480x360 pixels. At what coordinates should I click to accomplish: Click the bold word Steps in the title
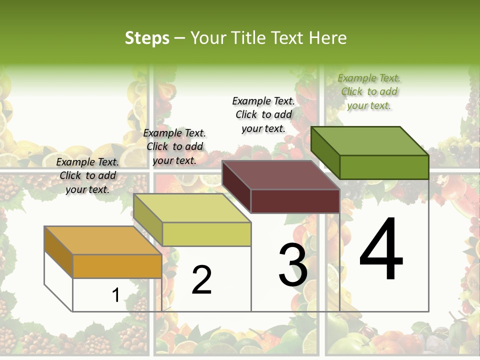(x=147, y=38)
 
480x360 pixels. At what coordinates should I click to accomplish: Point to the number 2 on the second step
(x=201, y=280)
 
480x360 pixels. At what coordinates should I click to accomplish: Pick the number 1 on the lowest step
(x=115, y=295)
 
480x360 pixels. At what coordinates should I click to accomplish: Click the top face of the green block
(x=369, y=141)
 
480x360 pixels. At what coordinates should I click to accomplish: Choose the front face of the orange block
(x=117, y=266)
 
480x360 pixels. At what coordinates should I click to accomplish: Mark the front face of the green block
(x=384, y=167)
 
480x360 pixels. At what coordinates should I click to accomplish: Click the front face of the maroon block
(x=295, y=201)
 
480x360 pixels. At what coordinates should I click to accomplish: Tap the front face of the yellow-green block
(x=206, y=234)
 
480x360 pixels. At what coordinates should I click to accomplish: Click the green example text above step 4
(x=369, y=91)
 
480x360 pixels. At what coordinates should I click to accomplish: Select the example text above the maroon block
(x=263, y=114)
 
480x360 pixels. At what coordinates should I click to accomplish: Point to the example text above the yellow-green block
(x=174, y=146)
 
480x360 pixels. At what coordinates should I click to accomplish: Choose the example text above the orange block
(x=87, y=175)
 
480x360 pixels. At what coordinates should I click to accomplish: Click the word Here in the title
(x=327, y=38)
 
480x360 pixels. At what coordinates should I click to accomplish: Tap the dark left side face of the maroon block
(x=236, y=186)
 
